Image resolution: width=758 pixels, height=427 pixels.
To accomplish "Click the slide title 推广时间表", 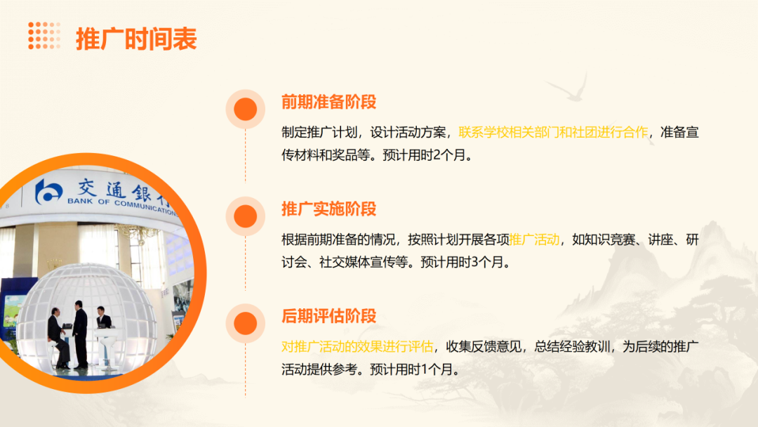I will tap(136, 39).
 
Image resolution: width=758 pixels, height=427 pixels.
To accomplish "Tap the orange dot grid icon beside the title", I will tap(44, 36).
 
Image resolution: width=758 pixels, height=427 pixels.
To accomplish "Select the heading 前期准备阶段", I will tap(328, 102).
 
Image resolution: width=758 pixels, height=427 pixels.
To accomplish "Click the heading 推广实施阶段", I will tap(328, 209).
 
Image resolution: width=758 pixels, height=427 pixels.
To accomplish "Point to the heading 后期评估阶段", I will tap(328, 315).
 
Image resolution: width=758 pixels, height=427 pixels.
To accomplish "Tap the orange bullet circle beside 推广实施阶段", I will tap(245, 216).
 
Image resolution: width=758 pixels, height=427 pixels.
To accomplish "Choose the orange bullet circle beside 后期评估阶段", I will tap(245, 322).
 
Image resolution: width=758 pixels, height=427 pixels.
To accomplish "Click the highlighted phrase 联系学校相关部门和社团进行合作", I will tap(553, 131).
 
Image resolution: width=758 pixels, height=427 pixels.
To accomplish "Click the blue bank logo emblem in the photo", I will tap(49, 191).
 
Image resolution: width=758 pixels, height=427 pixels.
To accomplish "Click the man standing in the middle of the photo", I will tap(79, 336).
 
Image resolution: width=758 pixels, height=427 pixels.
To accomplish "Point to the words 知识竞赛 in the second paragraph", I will tap(604, 239).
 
